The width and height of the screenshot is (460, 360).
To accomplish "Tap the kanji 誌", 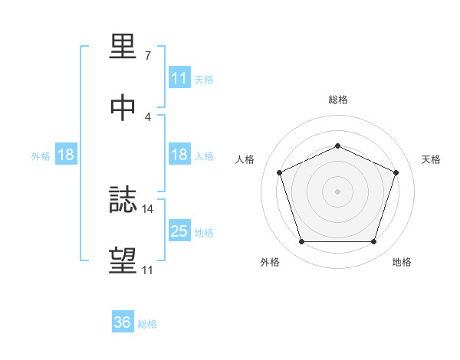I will pos(123,201).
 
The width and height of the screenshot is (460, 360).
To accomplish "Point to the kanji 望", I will pos(123,260).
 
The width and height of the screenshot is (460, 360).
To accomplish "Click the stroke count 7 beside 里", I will pos(147,56).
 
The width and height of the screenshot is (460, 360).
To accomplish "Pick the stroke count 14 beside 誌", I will pos(149,208).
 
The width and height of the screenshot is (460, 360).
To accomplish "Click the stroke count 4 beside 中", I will pos(147,116).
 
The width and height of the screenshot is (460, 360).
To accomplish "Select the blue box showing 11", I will pos(179,78).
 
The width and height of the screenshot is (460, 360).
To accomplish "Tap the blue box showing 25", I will pos(179,231).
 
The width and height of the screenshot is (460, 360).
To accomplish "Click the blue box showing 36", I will pos(123,322).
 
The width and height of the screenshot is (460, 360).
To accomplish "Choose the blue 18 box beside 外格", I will pos(66,155).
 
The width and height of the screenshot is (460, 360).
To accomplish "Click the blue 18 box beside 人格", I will pos(179,155).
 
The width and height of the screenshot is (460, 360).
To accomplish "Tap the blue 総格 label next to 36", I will pos(147,324).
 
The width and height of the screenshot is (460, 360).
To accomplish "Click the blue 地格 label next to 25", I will pos(204,233).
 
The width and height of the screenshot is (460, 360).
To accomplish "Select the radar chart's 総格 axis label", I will pos(337,100).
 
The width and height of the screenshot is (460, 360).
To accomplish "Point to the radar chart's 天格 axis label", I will pos(432,159).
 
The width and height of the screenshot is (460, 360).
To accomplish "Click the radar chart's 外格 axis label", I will pos(270,263).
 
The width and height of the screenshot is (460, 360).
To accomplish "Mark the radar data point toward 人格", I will pos(279,172).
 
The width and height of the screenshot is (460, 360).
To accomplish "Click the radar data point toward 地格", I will pos(373,242).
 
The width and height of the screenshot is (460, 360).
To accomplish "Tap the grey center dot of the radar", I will pos(337,191).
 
